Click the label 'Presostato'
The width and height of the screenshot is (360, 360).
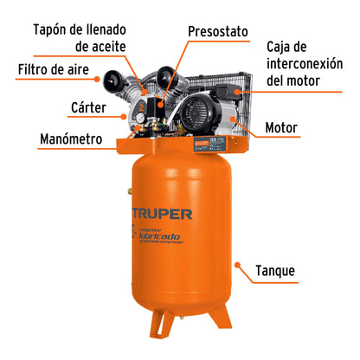click(221, 31)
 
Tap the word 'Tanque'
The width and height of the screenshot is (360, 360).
click(275, 272)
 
